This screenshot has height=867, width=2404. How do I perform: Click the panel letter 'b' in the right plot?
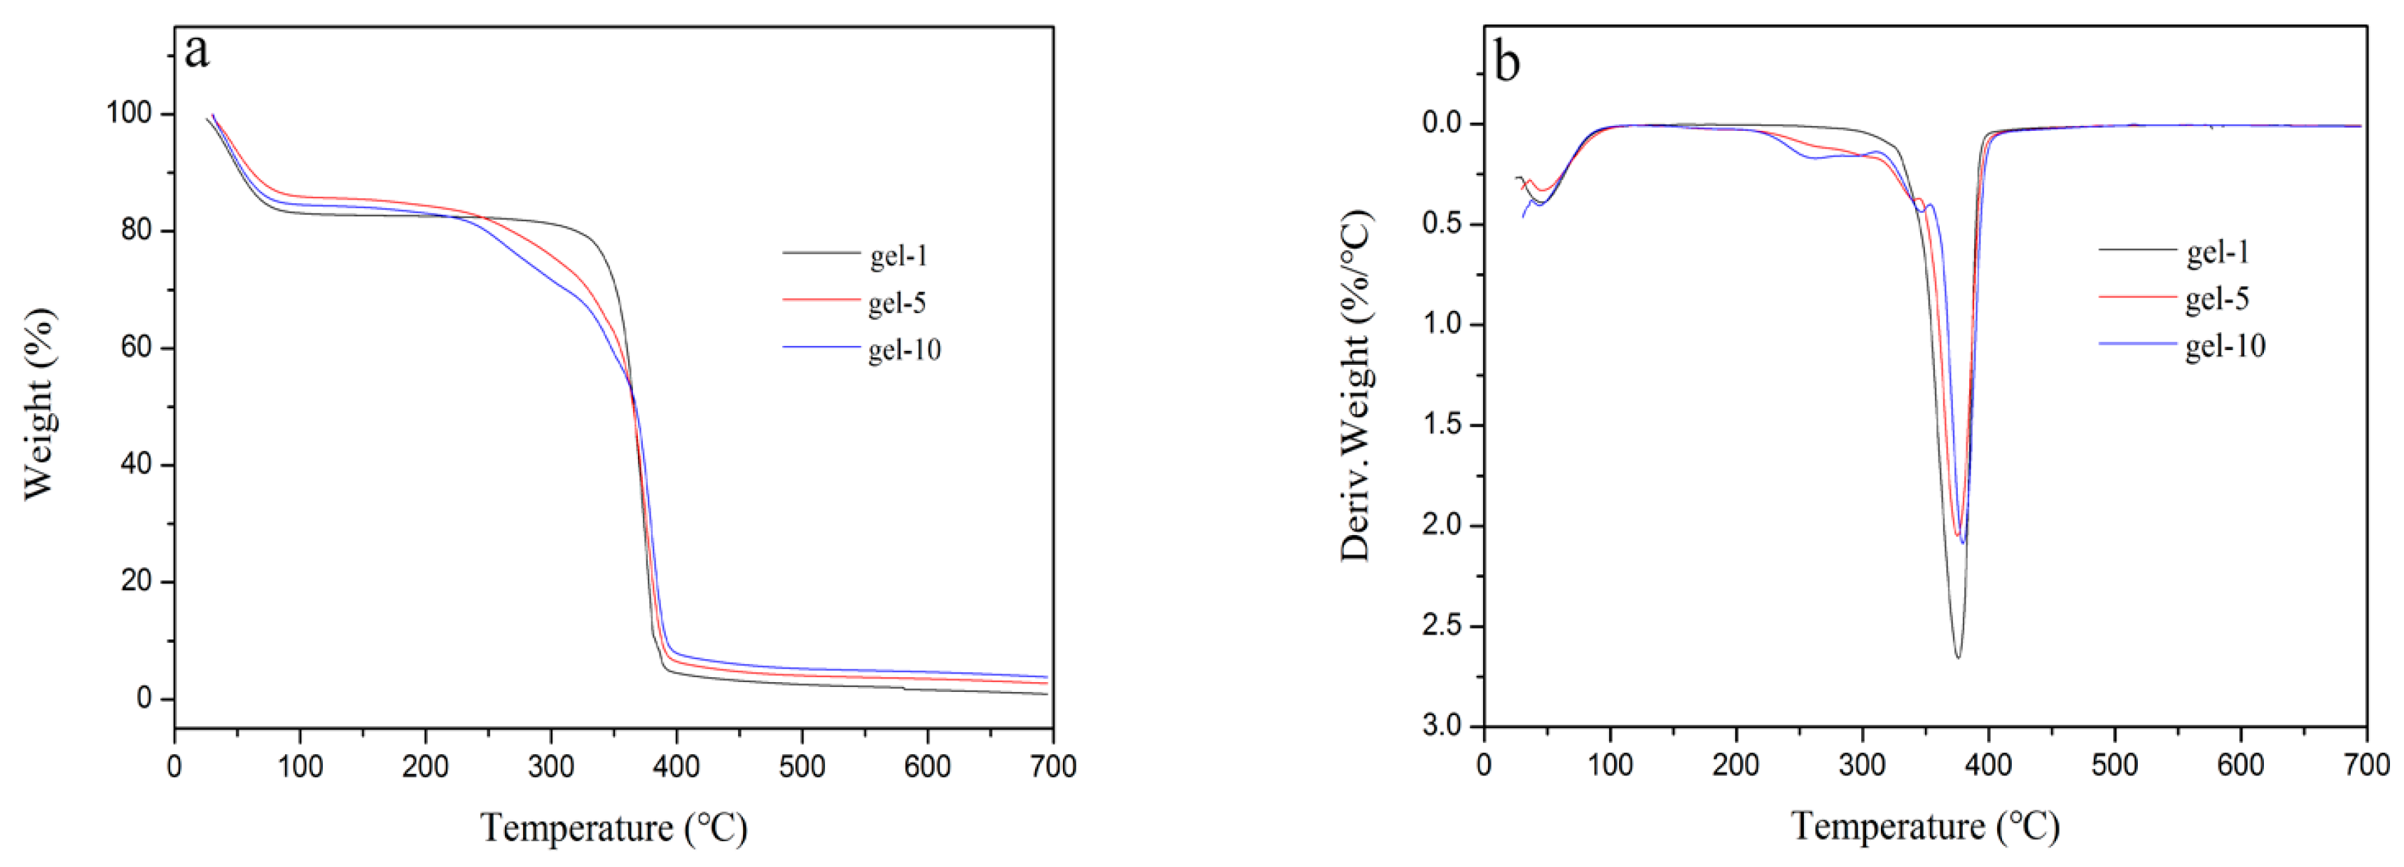[x=1507, y=62]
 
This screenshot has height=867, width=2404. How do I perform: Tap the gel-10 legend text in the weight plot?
[x=904, y=350]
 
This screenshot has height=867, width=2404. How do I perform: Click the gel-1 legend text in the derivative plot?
[x=2217, y=252]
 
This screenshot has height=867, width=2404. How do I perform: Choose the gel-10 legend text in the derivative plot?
[x=2225, y=346]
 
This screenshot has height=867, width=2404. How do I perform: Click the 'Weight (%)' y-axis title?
[x=39, y=403]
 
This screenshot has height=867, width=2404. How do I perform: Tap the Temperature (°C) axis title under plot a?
[x=614, y=828]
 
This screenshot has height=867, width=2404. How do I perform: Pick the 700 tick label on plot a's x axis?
[x=1052, y=767]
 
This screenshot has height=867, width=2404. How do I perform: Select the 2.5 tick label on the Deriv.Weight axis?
[x=1442, y=626]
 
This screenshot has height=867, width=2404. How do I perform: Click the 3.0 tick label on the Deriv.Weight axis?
[x=1442, y=726]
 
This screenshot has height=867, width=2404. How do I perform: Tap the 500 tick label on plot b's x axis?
[x=2114, y=765]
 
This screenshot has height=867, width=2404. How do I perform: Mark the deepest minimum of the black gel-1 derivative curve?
[x=1958, y=657]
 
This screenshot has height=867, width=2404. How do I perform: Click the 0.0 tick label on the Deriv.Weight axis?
[x=1442, y=124]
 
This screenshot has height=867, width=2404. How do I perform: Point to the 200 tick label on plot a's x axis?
[x=426, y=767]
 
